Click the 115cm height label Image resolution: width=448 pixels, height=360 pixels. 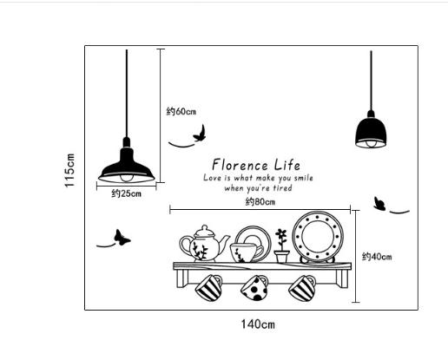click(69, 170)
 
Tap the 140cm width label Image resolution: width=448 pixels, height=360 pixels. click(258, 324)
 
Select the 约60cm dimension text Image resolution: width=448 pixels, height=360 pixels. click(181, 111)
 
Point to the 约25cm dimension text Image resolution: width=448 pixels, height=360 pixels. click(127, 193)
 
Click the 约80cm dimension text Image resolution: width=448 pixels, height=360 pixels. click(260, 201)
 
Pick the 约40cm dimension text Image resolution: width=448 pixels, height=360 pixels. click(377, 257)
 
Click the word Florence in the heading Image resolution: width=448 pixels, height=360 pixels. click(240, 165)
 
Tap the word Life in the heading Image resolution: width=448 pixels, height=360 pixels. click(287, 165)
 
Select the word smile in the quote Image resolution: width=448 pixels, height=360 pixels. click(304, 178)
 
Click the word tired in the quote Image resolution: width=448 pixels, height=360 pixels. click(283, 188)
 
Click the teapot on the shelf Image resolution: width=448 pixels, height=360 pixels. click(204, 244)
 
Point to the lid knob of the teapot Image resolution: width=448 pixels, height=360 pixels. click(205, 227)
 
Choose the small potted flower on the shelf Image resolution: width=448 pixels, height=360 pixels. click(282, 246)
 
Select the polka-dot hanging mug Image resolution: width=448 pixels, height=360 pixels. click(254, 288)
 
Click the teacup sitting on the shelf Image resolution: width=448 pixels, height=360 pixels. click(247, 252)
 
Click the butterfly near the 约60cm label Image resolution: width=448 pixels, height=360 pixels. click(200, 134)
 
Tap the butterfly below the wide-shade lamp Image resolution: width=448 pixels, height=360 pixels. click(122, 238)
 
